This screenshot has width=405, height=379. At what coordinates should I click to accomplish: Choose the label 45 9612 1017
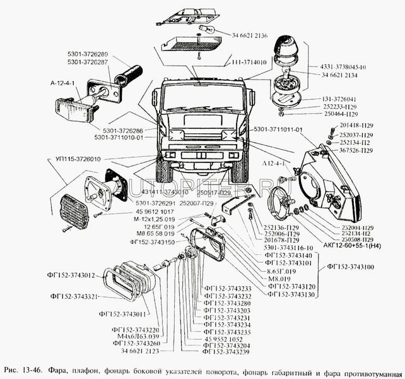click(153, 212)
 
